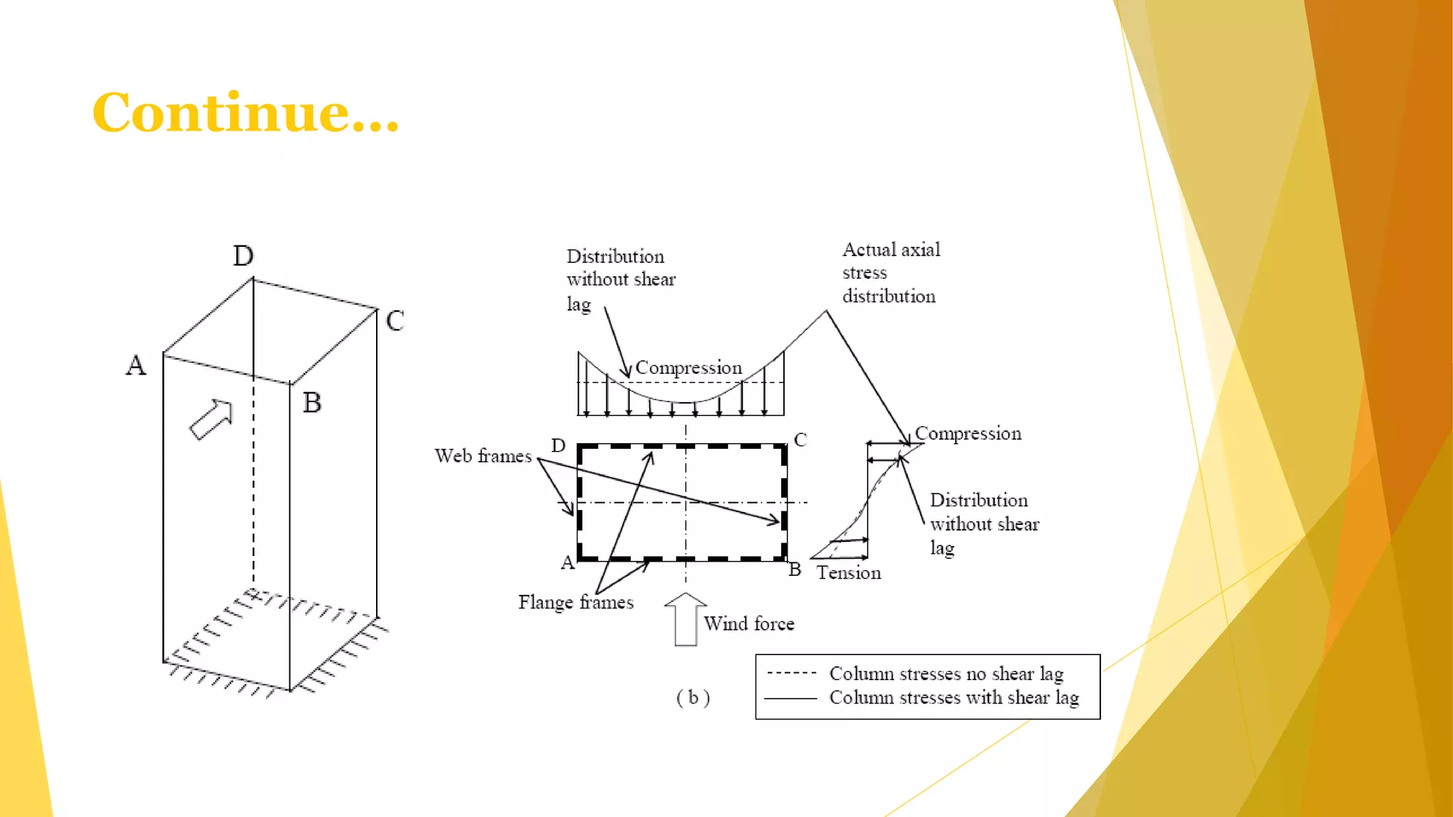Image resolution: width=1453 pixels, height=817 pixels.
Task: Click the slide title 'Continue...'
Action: (245, 112)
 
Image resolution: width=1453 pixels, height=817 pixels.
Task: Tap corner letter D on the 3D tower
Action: (243, 255)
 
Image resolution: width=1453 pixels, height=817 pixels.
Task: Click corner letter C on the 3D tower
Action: (395, 321)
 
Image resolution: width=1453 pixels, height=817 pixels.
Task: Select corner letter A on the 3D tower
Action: (136, 365)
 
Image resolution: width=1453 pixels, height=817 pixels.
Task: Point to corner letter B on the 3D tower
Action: (312, 402)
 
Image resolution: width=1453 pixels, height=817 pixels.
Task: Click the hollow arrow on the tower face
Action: (211, 419)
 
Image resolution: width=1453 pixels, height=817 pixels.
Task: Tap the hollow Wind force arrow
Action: (685, 619)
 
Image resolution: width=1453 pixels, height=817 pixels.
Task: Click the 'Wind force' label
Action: (749, 623)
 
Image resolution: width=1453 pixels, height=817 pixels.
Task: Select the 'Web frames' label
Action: (483, 455)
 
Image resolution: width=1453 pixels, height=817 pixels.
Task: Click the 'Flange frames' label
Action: (575, 602)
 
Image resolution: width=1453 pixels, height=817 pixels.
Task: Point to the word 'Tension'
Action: (849, 572)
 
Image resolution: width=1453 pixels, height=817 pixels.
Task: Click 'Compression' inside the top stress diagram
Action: (688, 367)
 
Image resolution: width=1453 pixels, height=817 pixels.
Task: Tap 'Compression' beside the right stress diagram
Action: (968, 433)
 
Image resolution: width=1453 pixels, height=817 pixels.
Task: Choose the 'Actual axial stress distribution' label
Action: (891, 272)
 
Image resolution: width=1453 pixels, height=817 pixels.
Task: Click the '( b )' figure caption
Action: (693, 698)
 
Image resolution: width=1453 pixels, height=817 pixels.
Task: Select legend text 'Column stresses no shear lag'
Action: (946, 673)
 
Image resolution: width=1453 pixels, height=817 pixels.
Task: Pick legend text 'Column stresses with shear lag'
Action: (954, 697)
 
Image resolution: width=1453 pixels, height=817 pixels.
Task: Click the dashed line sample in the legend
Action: (792, 673)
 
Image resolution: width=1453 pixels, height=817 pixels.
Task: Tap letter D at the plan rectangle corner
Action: (558, 445)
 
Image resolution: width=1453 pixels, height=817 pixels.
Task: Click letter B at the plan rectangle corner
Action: (795, 569)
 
